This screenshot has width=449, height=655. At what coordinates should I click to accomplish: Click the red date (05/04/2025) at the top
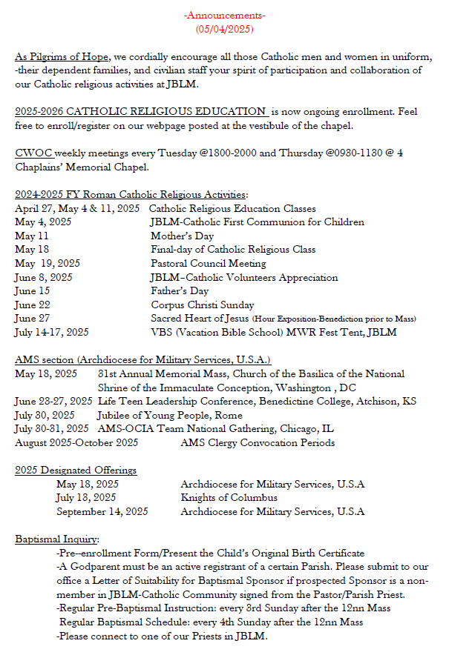pos(224,29)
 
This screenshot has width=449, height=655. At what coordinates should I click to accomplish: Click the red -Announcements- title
pos(224,16)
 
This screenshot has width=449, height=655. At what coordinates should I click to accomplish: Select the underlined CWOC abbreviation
pos(33,153)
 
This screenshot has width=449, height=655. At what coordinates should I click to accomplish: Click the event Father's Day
pos(180,291)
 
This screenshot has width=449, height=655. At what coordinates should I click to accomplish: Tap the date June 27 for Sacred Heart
pos(33,319)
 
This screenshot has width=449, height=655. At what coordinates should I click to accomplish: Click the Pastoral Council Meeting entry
pos(208,263)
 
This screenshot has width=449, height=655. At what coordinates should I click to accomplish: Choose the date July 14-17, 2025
pos(51,333)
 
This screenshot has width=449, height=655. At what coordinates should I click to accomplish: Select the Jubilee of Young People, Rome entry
pos(170,415)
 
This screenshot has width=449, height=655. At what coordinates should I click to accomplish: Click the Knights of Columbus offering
pos(229,498)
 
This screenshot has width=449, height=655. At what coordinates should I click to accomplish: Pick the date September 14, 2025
pos(102,511)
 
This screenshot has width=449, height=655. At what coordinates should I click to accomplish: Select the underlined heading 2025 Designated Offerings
pos(76,471)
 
